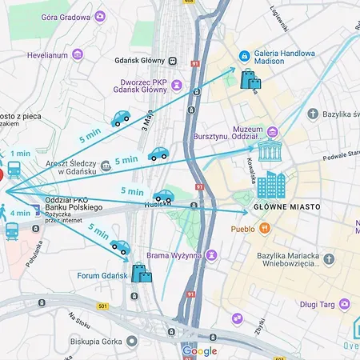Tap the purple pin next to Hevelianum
(78, 54)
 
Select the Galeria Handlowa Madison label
(284, 60)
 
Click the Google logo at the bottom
(199, 350)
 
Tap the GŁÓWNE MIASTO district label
(286, 206)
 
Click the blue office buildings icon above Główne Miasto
(270, 185)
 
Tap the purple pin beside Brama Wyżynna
(211, 255)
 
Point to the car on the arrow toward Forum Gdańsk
(121, 247)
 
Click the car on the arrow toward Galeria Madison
(121, 119)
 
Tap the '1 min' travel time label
(20, 154)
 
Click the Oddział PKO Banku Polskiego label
(74, 203)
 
